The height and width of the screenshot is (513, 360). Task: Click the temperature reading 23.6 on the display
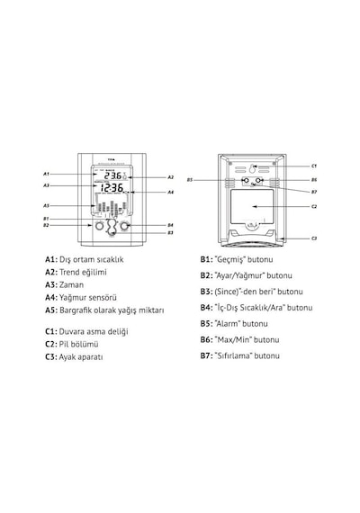112,175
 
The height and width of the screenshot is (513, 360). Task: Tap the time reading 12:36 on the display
112,188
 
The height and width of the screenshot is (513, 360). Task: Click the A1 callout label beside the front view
46,174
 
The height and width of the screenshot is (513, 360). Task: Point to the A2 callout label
170,177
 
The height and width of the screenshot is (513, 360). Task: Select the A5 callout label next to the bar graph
46,206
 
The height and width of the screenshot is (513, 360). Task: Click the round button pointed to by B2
98,226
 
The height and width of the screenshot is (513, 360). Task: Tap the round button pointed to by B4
124,226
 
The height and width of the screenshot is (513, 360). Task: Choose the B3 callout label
170,232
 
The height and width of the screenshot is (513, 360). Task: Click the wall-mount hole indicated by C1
252,169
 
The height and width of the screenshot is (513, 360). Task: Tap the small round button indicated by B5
246,180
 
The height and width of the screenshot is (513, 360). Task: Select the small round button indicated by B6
258,180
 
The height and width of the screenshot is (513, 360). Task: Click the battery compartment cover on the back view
252,207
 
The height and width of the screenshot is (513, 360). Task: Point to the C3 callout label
314,238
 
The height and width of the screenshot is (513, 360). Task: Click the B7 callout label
314,192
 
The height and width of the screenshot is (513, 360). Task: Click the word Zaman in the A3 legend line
71,285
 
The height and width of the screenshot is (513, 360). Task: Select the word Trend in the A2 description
69,272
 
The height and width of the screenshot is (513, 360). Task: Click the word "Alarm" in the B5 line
228,324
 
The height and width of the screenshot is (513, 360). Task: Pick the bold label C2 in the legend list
50,345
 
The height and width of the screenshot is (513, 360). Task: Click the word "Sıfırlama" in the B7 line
234,356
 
